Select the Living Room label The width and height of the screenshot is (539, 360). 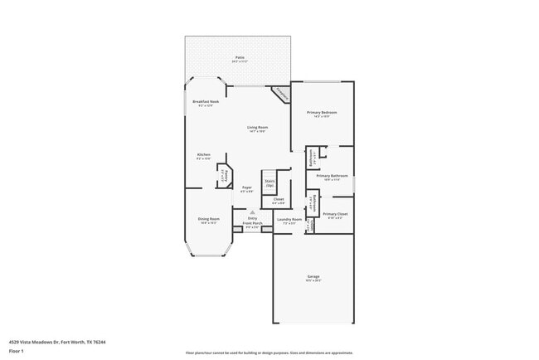(x=257, y=128)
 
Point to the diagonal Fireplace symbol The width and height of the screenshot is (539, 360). (x=281, y=94)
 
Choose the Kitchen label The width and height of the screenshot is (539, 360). (x=203, y=155)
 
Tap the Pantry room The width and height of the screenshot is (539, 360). (x=223, y=175)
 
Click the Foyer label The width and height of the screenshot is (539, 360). (x=246, y=188)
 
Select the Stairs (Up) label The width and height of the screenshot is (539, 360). (x=269, y=182)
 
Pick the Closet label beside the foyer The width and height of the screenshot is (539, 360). (x=279, y=200)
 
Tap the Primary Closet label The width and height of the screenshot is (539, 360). (x=337, y=214)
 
